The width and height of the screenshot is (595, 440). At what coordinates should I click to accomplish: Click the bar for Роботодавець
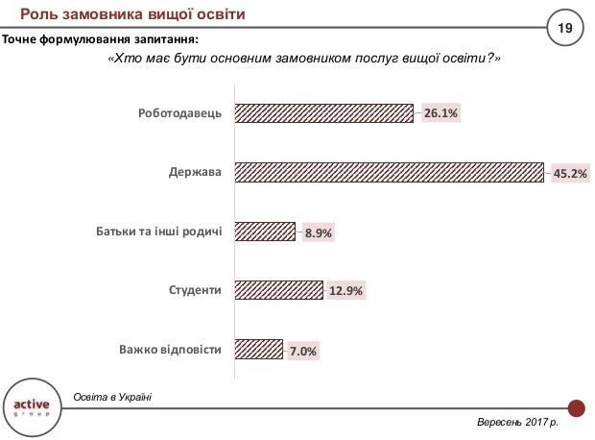pos(323,113)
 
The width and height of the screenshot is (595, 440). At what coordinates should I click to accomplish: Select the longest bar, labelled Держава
pos(389,173)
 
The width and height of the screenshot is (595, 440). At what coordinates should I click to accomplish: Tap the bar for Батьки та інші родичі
pos(264,232)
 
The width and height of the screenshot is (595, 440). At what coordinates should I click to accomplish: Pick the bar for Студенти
pos(278,290)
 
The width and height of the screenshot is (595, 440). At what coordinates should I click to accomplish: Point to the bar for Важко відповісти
pos(258,350)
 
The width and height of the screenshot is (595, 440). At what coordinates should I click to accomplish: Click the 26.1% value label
pos(441,113)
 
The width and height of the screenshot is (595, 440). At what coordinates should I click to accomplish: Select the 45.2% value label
pos(570,174)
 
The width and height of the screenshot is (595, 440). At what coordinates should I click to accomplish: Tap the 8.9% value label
pos(318,232)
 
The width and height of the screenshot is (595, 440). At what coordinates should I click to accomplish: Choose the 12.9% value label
pos(345,291)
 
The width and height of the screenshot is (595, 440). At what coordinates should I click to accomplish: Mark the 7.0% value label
pos(302,351)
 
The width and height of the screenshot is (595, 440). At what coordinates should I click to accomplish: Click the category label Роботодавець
pos(179,113)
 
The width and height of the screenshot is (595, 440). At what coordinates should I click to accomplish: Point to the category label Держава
pos(198,173)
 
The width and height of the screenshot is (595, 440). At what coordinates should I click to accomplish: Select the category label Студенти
pos(196,290)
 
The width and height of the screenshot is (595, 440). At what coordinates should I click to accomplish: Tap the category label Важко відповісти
pos(171,350)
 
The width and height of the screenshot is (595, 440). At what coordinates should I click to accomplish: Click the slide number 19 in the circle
pos(564,29)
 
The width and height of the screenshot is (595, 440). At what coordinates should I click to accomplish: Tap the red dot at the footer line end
pos(576,407)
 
